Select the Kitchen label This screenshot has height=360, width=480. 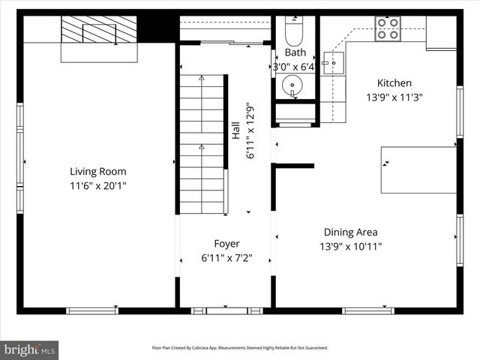pos(394,83)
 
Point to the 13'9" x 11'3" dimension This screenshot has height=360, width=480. pos(394,97)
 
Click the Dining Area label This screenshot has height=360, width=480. pos(350,232)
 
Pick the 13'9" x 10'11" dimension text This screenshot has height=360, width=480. pos(350,246)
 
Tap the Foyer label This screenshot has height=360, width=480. pos(226,244)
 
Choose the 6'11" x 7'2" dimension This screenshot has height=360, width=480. pos(226,258)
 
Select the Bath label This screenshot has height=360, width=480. pos(295,52)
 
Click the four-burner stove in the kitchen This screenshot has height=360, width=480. pos(388,28)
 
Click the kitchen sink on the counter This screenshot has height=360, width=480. pos(333,64)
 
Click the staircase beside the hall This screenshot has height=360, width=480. pos(201,142)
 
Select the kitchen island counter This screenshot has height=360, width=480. pos(418,169)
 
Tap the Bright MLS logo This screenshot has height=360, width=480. pos(30,349)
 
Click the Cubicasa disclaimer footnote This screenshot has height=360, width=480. pos(239,348)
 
